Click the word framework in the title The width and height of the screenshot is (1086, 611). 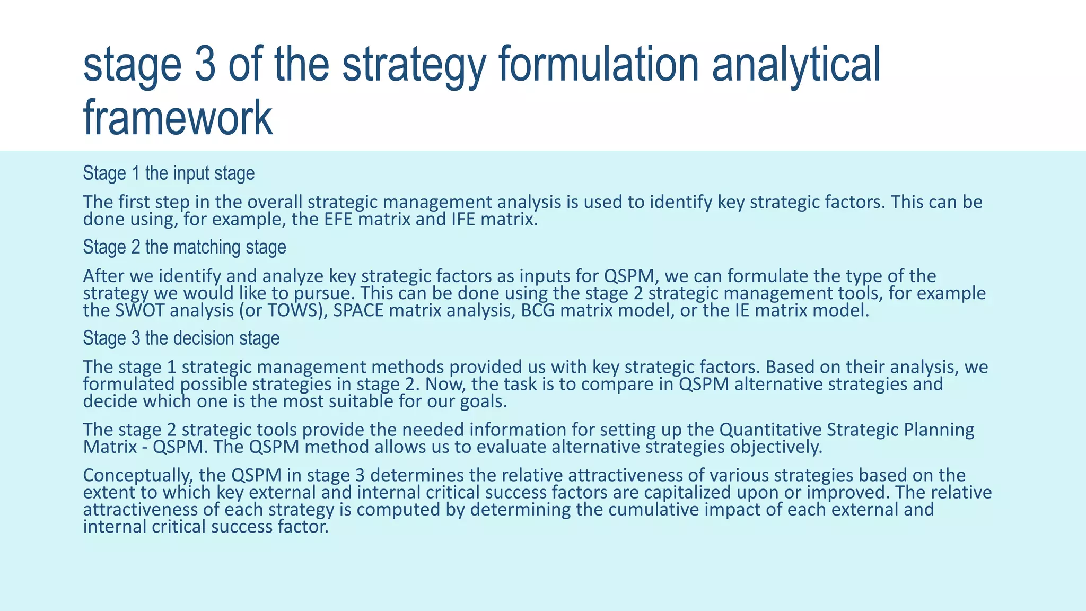pos(178,118)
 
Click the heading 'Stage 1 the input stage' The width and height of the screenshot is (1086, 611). pos(169,173)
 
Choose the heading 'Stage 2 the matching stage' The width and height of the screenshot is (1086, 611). pos(185,247)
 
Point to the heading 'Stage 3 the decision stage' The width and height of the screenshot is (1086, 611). pos(181,338)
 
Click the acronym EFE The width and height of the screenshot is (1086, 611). pos(338,220)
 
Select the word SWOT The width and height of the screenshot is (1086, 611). pos(140,311)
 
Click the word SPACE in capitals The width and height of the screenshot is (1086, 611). pos(358,311)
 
